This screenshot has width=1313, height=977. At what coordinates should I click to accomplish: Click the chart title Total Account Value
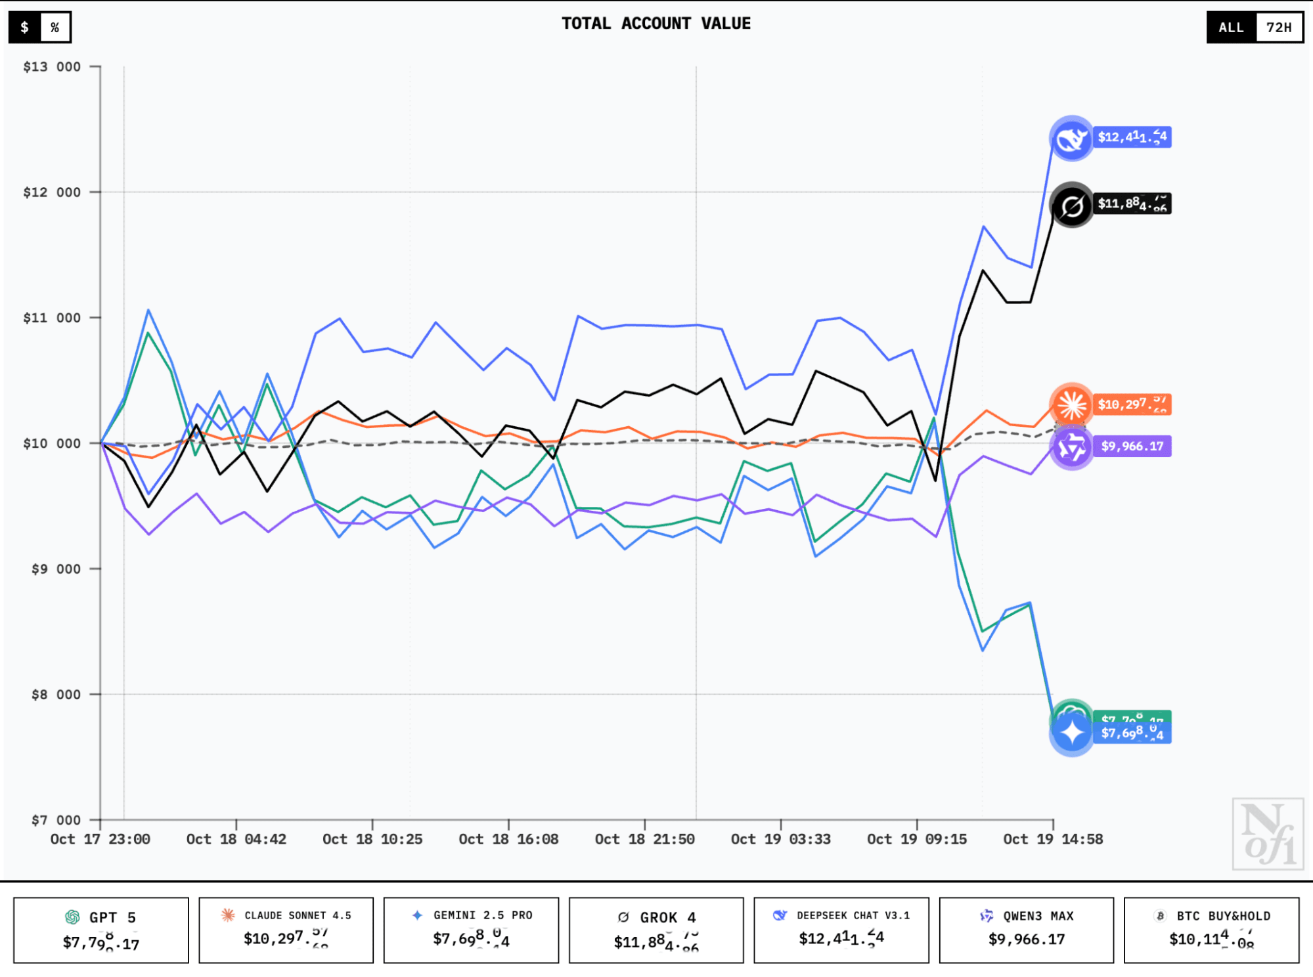point(656,24)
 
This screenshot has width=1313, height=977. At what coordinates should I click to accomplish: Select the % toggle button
point(55,28)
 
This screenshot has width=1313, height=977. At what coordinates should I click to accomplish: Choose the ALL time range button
point(1231,28)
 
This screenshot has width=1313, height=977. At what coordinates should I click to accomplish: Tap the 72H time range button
point(1279,28)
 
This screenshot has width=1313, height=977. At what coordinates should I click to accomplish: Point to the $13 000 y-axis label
point(52,67)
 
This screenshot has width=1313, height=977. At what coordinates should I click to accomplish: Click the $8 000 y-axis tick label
point(56,695)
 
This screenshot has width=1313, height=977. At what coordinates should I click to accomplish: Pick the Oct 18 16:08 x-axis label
point(508,839)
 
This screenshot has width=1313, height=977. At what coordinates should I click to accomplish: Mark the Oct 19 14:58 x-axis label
point(1052,839)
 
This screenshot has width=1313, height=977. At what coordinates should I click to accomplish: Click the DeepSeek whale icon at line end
point(1071,139)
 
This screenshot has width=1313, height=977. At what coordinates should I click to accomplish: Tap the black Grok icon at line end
point(1071,206)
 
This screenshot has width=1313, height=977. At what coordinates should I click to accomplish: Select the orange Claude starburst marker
point(1071,404)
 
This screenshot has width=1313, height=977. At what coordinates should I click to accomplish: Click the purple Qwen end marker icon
point(1071,447)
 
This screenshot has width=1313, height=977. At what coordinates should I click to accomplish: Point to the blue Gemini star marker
point(1071,733)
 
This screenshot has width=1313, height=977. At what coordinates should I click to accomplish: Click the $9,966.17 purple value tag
point(1132,446)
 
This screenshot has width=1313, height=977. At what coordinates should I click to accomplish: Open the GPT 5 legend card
point(101,930)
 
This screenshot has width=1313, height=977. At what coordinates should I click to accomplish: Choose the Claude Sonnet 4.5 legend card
point(286,930)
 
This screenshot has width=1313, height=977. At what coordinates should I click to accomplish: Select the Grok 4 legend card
point(656,930)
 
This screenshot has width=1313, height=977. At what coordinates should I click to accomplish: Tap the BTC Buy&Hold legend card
point(1211,930)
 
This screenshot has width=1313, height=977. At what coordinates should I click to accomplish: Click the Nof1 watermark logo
point(1267,834)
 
